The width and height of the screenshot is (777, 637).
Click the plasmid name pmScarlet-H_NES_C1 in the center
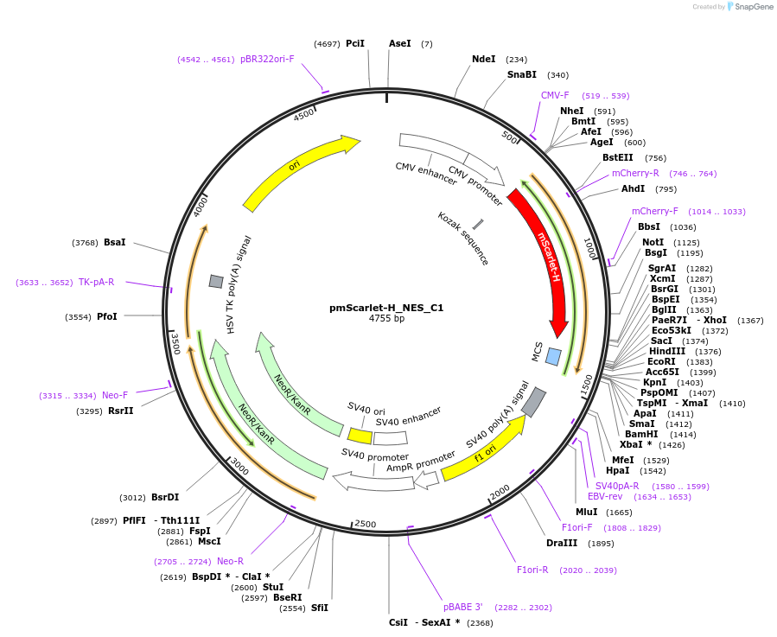(x=386, y=307)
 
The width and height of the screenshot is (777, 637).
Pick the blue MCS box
(x=553, y=356)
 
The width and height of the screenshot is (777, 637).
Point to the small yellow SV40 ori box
(x=360, y=436)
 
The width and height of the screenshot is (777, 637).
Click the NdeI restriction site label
(x=483, y=59)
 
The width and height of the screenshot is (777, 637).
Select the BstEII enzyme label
(x=617, y=157)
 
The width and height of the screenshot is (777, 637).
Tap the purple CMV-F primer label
(x=555, y=95)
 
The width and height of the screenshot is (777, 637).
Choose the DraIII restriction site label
(x=562, y=544)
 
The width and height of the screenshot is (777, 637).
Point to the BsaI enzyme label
(x=114, y=242)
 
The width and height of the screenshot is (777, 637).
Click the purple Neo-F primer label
(x=115, y=395)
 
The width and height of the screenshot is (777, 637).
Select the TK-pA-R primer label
(x=96, y=282)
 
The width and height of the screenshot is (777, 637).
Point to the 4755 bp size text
(x=386, y=319)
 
